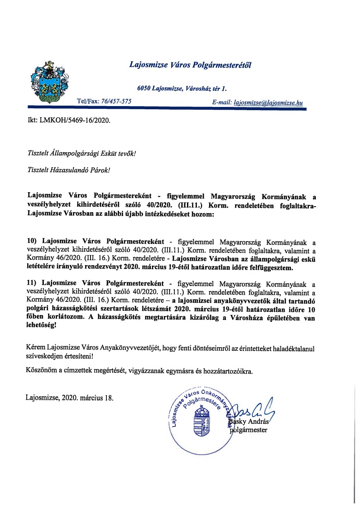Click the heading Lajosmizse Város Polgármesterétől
(x=190, y=65)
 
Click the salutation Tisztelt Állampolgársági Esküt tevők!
(x=82, y=153)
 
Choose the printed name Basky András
(x=250, y=422)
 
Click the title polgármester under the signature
(x=249, y=430)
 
